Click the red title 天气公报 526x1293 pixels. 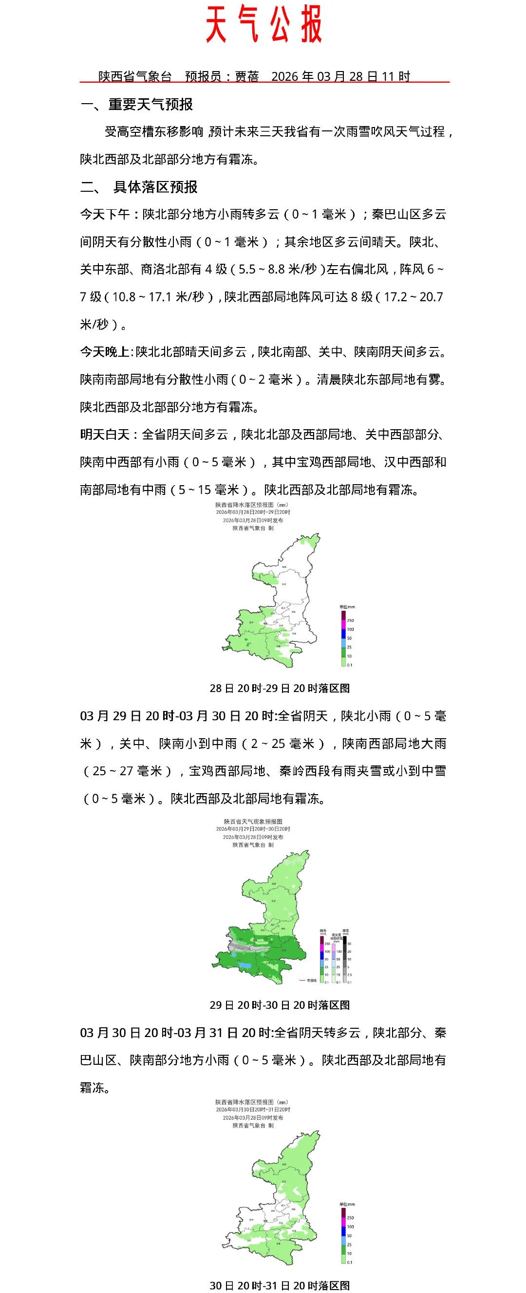tap(264, 24)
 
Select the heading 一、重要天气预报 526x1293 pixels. tap(137, 105)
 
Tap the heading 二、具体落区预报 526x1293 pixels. tap(139, 187)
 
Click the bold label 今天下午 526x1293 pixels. tap(105, 214)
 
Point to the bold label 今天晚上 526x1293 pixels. tap(105, 352)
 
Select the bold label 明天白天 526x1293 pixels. tap(105, 434)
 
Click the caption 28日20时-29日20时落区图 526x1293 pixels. tap(280, 688)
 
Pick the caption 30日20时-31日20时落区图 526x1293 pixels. tap(280, 1281)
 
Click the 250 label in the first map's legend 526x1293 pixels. tap(350, 620)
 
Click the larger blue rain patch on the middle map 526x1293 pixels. tap(244, 965)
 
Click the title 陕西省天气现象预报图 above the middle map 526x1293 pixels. tap(253, 821)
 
